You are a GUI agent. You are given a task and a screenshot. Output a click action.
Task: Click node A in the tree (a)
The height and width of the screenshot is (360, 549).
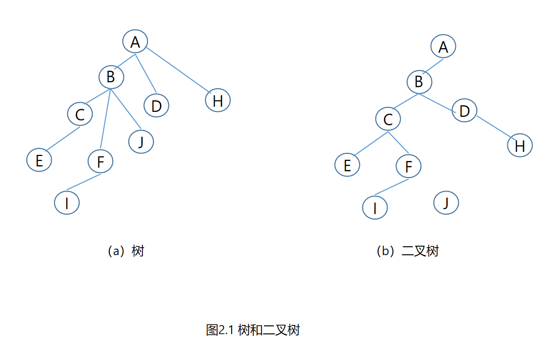(x=135, y=42)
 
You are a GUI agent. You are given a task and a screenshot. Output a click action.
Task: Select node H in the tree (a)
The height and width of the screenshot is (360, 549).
(x=218, y=100)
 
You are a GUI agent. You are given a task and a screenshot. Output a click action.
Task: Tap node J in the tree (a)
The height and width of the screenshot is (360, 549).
(x=141, y=142)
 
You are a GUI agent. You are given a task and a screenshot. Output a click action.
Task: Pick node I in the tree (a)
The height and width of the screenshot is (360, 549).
(x=67, y=203)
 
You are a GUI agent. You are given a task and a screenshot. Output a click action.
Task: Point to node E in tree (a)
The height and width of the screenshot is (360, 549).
(x=40, y=159)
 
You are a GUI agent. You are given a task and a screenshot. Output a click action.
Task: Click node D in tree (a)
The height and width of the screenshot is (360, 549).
(x=156, y=106)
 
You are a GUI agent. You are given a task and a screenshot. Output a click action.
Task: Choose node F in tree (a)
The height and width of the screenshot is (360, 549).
(x=100, y=161)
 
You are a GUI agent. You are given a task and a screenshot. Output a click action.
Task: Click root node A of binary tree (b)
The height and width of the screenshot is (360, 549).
(x=443, y=47)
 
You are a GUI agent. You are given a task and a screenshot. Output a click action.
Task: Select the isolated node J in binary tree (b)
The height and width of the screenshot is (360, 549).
(x=446, y=203)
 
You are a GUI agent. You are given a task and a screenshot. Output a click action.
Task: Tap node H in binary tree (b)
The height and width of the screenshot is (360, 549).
(x=520, y=145)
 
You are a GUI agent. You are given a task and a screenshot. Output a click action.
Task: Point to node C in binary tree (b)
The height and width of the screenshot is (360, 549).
(x=388, y=119)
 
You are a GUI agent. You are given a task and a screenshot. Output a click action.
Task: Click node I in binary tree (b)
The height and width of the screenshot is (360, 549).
(x=375, y=208)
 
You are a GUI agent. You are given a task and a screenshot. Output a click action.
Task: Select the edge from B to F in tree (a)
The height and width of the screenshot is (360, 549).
(x=105, y=120)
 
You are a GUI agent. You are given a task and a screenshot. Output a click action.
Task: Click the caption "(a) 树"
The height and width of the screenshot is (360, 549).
(x=126, y=251)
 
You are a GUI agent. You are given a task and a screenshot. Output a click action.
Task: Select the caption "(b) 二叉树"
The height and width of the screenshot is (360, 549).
(x=407, y=251)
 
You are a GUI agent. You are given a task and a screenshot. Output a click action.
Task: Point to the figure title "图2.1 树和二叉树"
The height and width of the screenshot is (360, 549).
(x=253, y=330)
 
